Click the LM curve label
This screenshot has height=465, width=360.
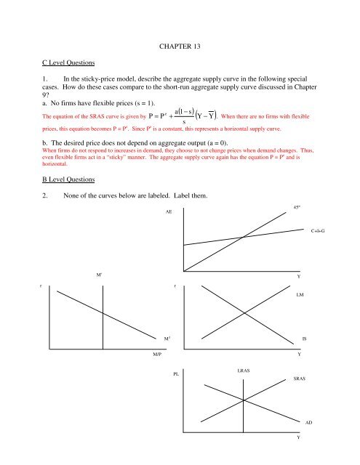(x=300, y=296)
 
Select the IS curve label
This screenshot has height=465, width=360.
(x=305, y=339)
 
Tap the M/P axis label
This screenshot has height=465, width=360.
(x=157, y=354)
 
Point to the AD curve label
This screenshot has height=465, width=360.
(x=310, y=421)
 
